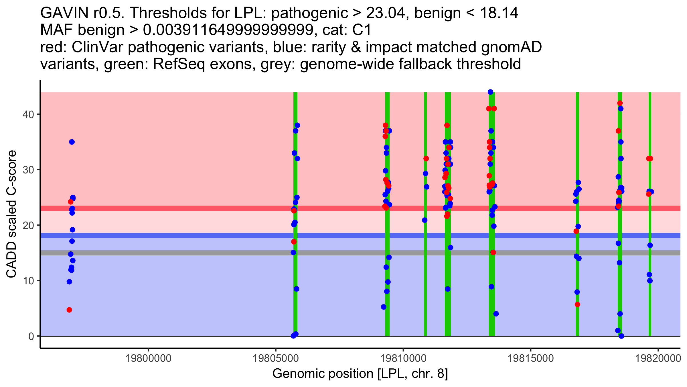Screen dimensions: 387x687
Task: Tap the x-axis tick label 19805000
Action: tap(276, 358)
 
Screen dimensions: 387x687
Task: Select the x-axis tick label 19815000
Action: tap(530, 358)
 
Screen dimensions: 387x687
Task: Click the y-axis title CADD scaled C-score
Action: tap(11, 214)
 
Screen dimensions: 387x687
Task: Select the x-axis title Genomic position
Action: tap(360, 374)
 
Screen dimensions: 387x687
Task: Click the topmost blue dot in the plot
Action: tap(490, 92)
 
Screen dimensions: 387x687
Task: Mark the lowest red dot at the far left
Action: tap(69, 310)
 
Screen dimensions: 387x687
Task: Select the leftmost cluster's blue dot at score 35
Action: tap(72, 142)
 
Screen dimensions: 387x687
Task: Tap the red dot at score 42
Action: tap(620, 103)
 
